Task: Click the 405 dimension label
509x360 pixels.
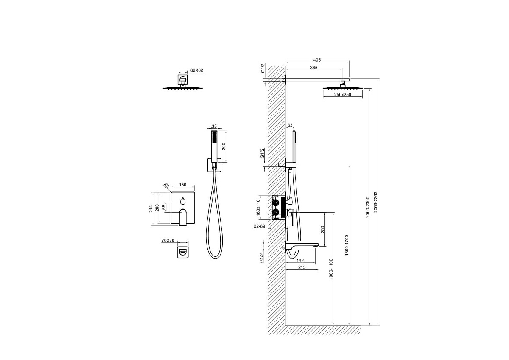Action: [x=317, y=60]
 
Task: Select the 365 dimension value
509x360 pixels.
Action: [x=313, y=67]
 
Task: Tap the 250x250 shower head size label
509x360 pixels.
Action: [x=342, y=94]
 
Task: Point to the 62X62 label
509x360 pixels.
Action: [x=196, y=70]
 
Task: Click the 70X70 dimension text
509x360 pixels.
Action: [x=168, y=240]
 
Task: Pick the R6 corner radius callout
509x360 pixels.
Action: [x=167, y=187]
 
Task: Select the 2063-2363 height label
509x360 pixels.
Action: [x=376, y=202]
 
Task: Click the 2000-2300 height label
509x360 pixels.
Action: [x=368, y=207]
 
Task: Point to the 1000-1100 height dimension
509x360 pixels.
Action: [x=331, y=269]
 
